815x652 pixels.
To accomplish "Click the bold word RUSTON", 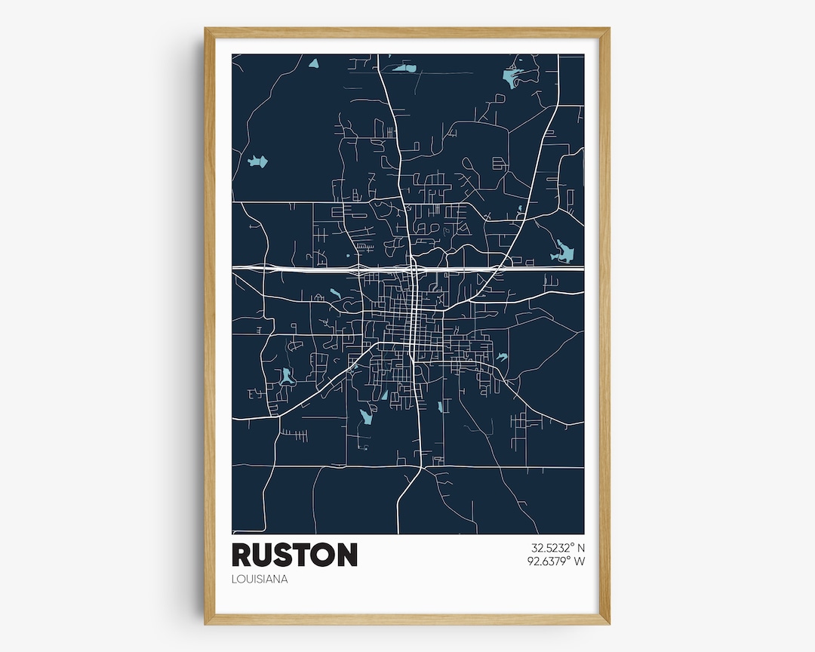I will pos(294,555).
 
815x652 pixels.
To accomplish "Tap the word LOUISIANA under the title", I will pos(260,580).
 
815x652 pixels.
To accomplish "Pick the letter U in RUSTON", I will pos(264,555).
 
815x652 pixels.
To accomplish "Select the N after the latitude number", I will pos(580,549).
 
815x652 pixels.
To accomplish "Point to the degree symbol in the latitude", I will pos(569,546).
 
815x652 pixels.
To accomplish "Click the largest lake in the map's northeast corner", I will pos(512,76).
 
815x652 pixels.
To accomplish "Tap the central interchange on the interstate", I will pos(414,268).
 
